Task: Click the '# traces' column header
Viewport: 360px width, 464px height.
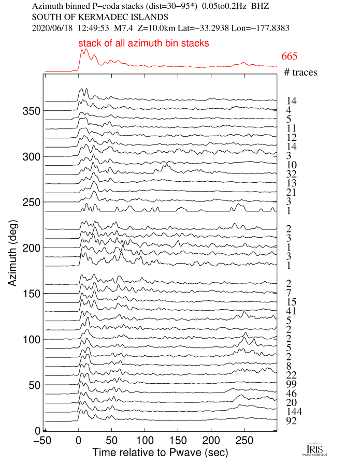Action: [300, 72]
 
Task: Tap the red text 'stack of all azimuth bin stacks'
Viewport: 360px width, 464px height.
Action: [143, 44]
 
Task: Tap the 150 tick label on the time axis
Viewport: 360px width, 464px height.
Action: [177, 441]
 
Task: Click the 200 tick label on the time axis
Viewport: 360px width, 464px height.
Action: [211, 441]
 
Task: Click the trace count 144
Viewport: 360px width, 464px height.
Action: [293, 412]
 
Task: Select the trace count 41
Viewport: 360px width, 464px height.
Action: [291, 311]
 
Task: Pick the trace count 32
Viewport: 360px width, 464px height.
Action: [291, 173]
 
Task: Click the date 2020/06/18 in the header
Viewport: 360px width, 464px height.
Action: [53, 26]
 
